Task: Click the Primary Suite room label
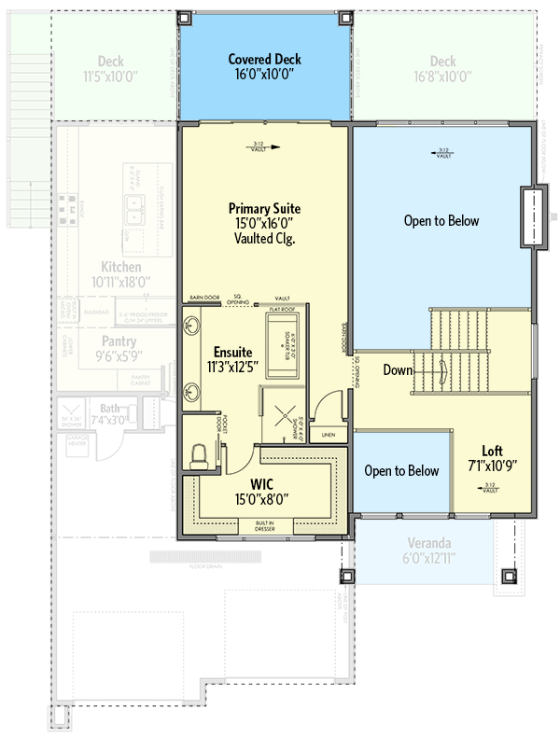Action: pos(265,208)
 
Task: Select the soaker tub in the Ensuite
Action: pos(281,345)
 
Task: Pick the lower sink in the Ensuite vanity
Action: pos(190,391)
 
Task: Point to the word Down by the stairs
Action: pos(398,370)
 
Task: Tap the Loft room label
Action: pos(492,449)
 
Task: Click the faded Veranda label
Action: pos(429,543)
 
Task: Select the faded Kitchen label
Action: pos(121,266)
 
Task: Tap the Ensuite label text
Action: pos(233,352)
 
